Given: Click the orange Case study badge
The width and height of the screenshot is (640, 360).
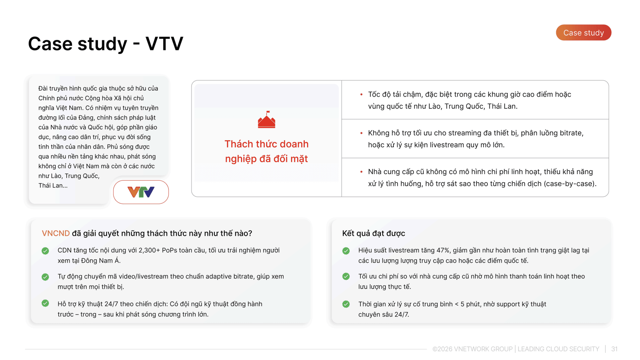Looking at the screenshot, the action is click(583, 33).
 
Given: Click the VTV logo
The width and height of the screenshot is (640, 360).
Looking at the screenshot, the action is click(141, 192).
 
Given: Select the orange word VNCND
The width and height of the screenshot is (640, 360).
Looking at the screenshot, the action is click(56, 233).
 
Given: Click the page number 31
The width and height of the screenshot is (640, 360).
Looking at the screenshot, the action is click(614, 349).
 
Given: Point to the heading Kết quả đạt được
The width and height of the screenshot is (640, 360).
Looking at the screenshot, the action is click(373, 233).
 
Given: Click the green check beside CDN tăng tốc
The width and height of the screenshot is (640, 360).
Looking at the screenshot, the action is click(45, 251).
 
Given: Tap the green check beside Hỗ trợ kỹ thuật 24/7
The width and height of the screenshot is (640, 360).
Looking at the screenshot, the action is click(45, 303).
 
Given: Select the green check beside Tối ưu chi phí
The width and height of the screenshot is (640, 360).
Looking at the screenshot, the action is click(346, 276).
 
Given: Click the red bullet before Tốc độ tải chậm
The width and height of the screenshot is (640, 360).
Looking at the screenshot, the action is click(361, 95).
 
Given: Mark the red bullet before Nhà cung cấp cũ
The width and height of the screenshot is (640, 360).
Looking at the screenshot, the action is click(361, 172).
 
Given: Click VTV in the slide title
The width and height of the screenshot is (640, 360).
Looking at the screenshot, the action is click(164, 44).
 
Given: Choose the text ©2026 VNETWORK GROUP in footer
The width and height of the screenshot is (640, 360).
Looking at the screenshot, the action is click(472, 349).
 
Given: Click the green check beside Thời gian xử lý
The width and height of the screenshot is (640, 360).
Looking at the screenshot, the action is click(346, 304).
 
